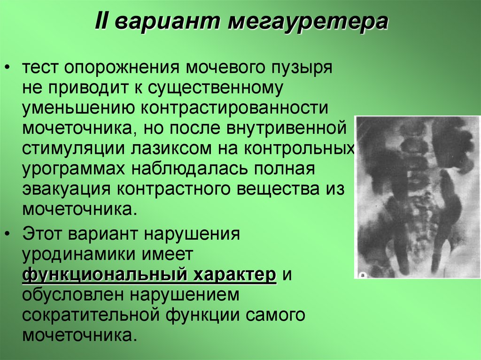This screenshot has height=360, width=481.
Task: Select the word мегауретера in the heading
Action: click(309, 22)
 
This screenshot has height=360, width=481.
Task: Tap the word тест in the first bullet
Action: click(41, 68)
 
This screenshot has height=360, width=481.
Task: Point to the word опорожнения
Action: click(123, 68)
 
